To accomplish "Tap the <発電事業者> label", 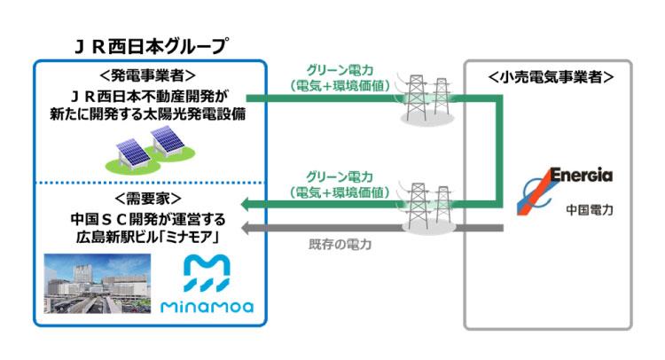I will coord(149,75).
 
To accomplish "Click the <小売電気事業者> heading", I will coord(551,76).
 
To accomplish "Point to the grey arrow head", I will coord(249,229).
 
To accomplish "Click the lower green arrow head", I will coord(249,206).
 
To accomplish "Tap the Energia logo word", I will coord(579,176).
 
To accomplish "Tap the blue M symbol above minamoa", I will coord(207,272).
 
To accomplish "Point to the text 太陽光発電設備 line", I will coord(148,114).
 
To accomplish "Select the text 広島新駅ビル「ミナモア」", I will coord(148,237).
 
